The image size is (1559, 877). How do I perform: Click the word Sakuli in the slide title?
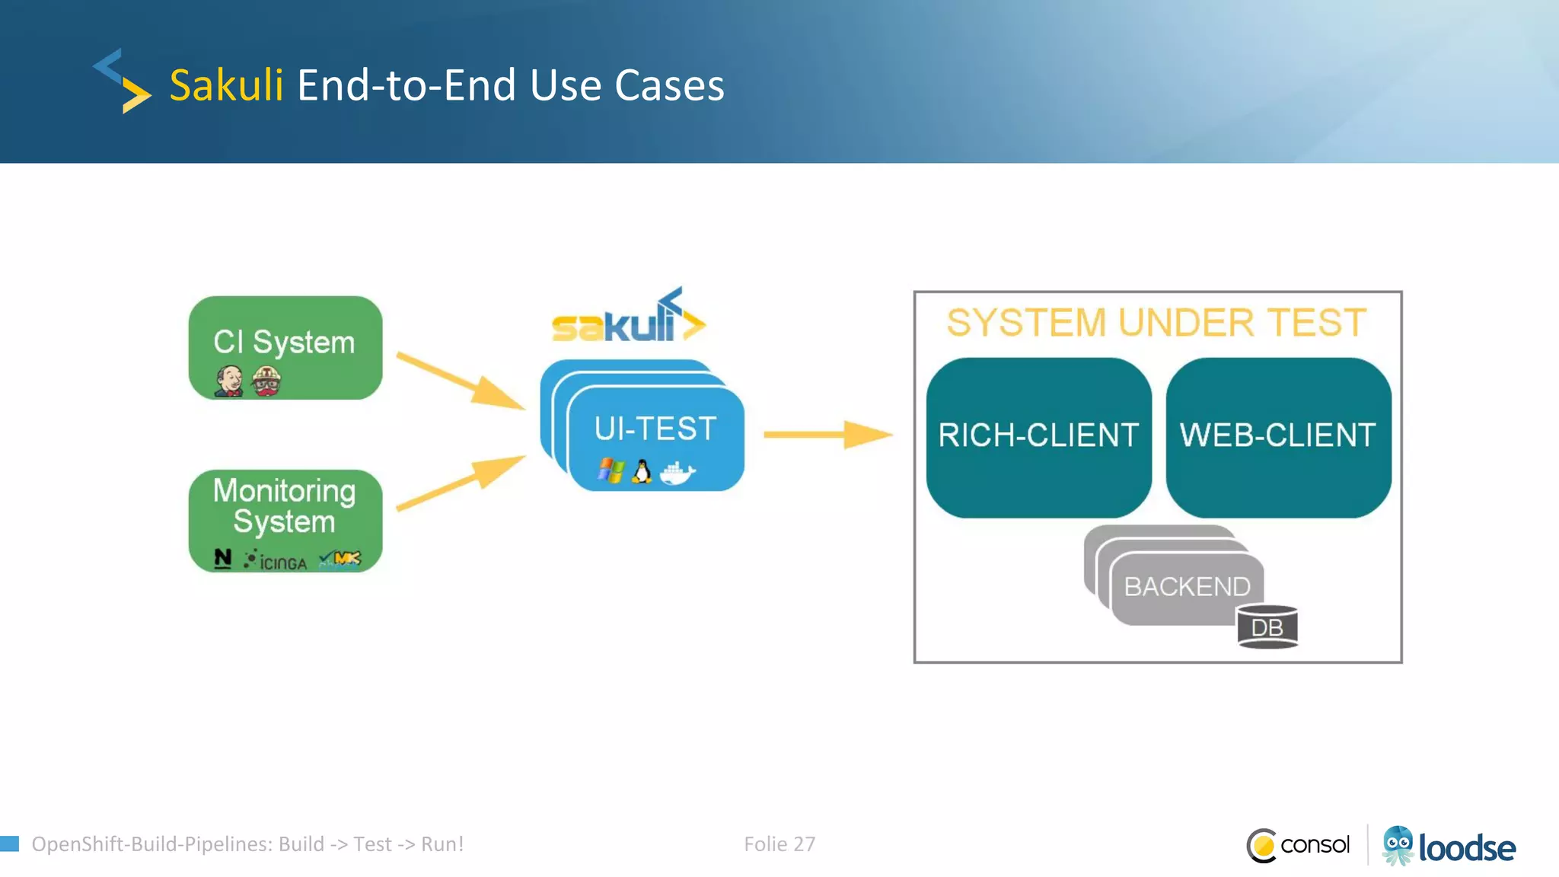coord(225,85)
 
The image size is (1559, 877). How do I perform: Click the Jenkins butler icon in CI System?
coord(228,380)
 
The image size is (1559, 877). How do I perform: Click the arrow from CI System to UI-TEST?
coord(461,381)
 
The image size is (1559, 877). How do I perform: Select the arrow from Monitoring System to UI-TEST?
coord(461,483)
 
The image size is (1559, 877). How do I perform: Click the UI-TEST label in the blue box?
coord(655,429)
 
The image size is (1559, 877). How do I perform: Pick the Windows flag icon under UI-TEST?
coord(611,470)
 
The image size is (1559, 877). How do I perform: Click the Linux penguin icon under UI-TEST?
coord(642,471)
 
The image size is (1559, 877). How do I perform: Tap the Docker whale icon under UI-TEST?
coord(677,473)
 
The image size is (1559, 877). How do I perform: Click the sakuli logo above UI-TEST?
coord(628,319)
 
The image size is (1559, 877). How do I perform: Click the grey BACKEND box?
coord(1186,587)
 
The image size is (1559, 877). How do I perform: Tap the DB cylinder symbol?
coord(1267,627)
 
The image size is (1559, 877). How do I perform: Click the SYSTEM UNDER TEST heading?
coord(1156,323)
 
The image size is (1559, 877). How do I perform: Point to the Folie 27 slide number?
coord(779,844)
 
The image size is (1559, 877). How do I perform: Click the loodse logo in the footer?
coord(1449,847)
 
